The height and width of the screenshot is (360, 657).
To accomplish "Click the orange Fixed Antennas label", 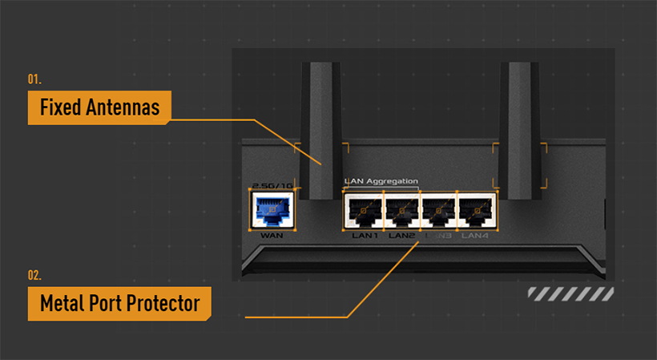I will click(x=99, y=107).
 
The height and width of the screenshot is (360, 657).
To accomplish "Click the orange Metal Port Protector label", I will click(x=119, y=304).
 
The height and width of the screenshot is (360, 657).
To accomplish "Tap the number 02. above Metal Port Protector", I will click(x=34, y=276).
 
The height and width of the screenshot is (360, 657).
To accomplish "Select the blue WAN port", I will click(x=272, y=211).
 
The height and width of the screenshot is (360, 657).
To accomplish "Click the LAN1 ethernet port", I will click(x=364, y=211).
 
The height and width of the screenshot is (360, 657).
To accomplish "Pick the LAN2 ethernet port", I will click(x=401, y=211).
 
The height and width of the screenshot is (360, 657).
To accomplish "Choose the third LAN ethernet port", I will click(x=438, y=211).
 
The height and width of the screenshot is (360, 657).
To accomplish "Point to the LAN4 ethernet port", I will click(x=476, y=211).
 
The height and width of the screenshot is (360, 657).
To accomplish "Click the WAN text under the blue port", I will click(x=272, y=236).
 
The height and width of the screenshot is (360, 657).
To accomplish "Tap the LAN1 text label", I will click(x=365, y=236).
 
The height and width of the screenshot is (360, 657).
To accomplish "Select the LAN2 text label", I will click(x=401, y=236).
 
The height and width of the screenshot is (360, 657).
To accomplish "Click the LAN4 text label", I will click(x=476, y=236).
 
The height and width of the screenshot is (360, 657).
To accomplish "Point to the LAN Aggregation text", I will click(x=381, y=181).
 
